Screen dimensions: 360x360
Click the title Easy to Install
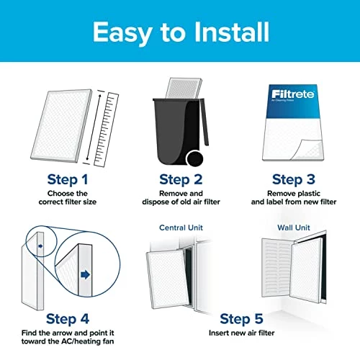coord(180,32)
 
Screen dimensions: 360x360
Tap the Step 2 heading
coord(180,179)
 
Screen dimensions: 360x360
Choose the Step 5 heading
coord(240,318)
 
